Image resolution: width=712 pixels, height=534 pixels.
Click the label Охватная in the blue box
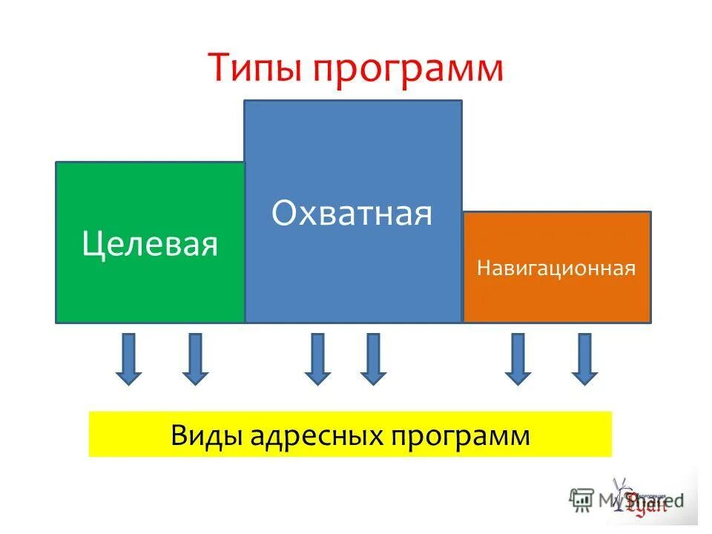[x=352, y=214]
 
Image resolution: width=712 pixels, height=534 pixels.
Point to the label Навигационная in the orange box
[x=556, y=268]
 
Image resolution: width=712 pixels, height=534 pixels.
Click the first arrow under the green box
[x=128, y=359]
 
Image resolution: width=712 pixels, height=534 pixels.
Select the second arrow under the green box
[x=194, y=359]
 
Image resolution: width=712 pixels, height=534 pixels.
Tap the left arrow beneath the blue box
[x=317, y=359]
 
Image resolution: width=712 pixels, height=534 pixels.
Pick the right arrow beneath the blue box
[x=372, y=359]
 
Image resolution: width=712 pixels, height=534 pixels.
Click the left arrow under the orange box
[x=517, y=359]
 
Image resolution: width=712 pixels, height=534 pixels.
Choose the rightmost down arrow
[x=584, y=359]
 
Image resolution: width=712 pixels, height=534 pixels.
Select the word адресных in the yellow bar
[x=312, y=435]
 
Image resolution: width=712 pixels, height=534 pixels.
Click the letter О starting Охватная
[x=284, y=214]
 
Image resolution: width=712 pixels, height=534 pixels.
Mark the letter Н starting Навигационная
[x=482, y=268]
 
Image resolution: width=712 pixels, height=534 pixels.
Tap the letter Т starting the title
[x=219, y=67]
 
